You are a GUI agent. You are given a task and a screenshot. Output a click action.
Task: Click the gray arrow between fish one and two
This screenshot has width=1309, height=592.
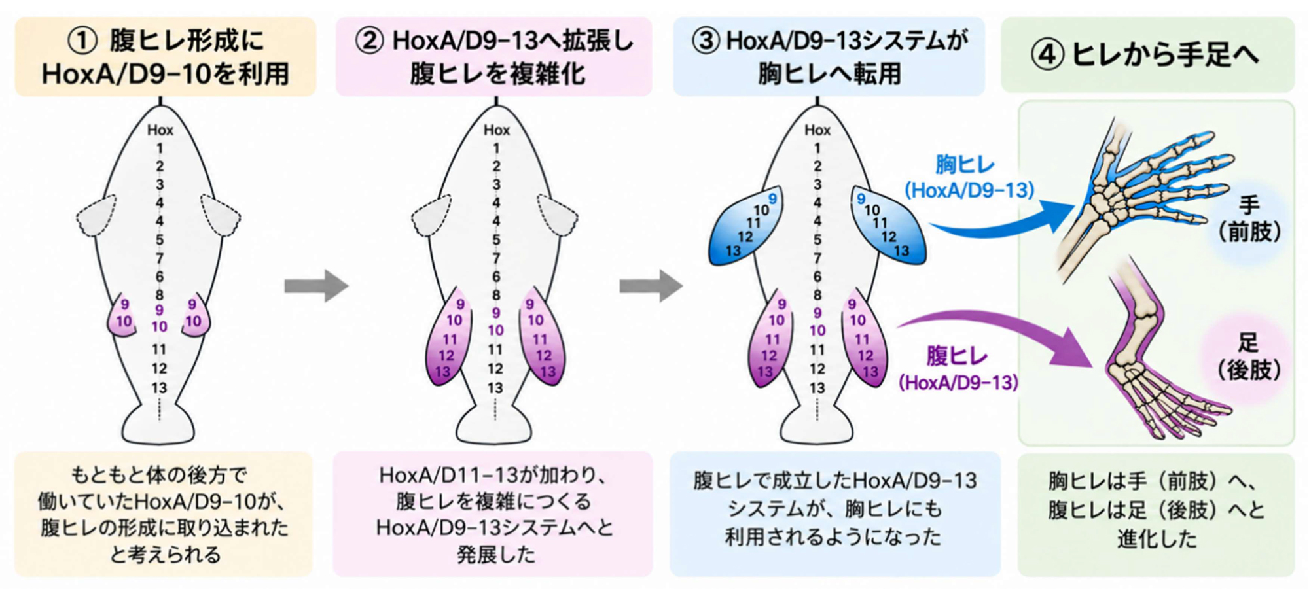[x=316, y=286]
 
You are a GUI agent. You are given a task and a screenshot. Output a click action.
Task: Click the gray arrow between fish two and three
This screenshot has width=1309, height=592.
[x=651, y=286]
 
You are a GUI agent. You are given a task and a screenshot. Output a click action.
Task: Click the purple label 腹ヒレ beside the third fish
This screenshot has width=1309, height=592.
[x=957, y=356]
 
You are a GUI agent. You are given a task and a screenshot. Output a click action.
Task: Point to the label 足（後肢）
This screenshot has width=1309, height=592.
[x=1249, y=357]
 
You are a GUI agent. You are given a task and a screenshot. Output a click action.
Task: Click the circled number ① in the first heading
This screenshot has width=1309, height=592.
[x=83, y=41]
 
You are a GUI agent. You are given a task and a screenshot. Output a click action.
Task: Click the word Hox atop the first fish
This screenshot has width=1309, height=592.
[x=160, y=130]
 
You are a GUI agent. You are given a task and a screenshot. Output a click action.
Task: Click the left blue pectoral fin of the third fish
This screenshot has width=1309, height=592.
[x=746, y=226]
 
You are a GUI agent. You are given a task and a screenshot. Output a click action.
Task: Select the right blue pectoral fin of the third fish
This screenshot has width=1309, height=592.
[x=888, y=226]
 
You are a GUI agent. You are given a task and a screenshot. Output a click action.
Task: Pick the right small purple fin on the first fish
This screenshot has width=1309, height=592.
[x=195, y=317]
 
